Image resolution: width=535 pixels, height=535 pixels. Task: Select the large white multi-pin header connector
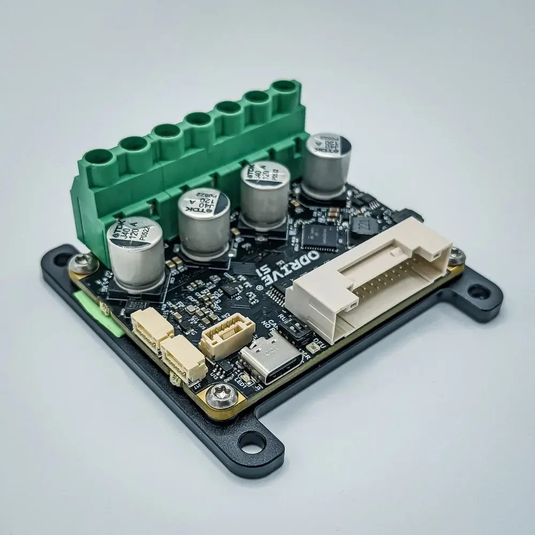(x=369, y=278)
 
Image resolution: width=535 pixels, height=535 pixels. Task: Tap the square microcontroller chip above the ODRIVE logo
(x=319, y=233)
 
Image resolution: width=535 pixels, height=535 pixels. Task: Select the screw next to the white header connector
(x=455, y=257)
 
